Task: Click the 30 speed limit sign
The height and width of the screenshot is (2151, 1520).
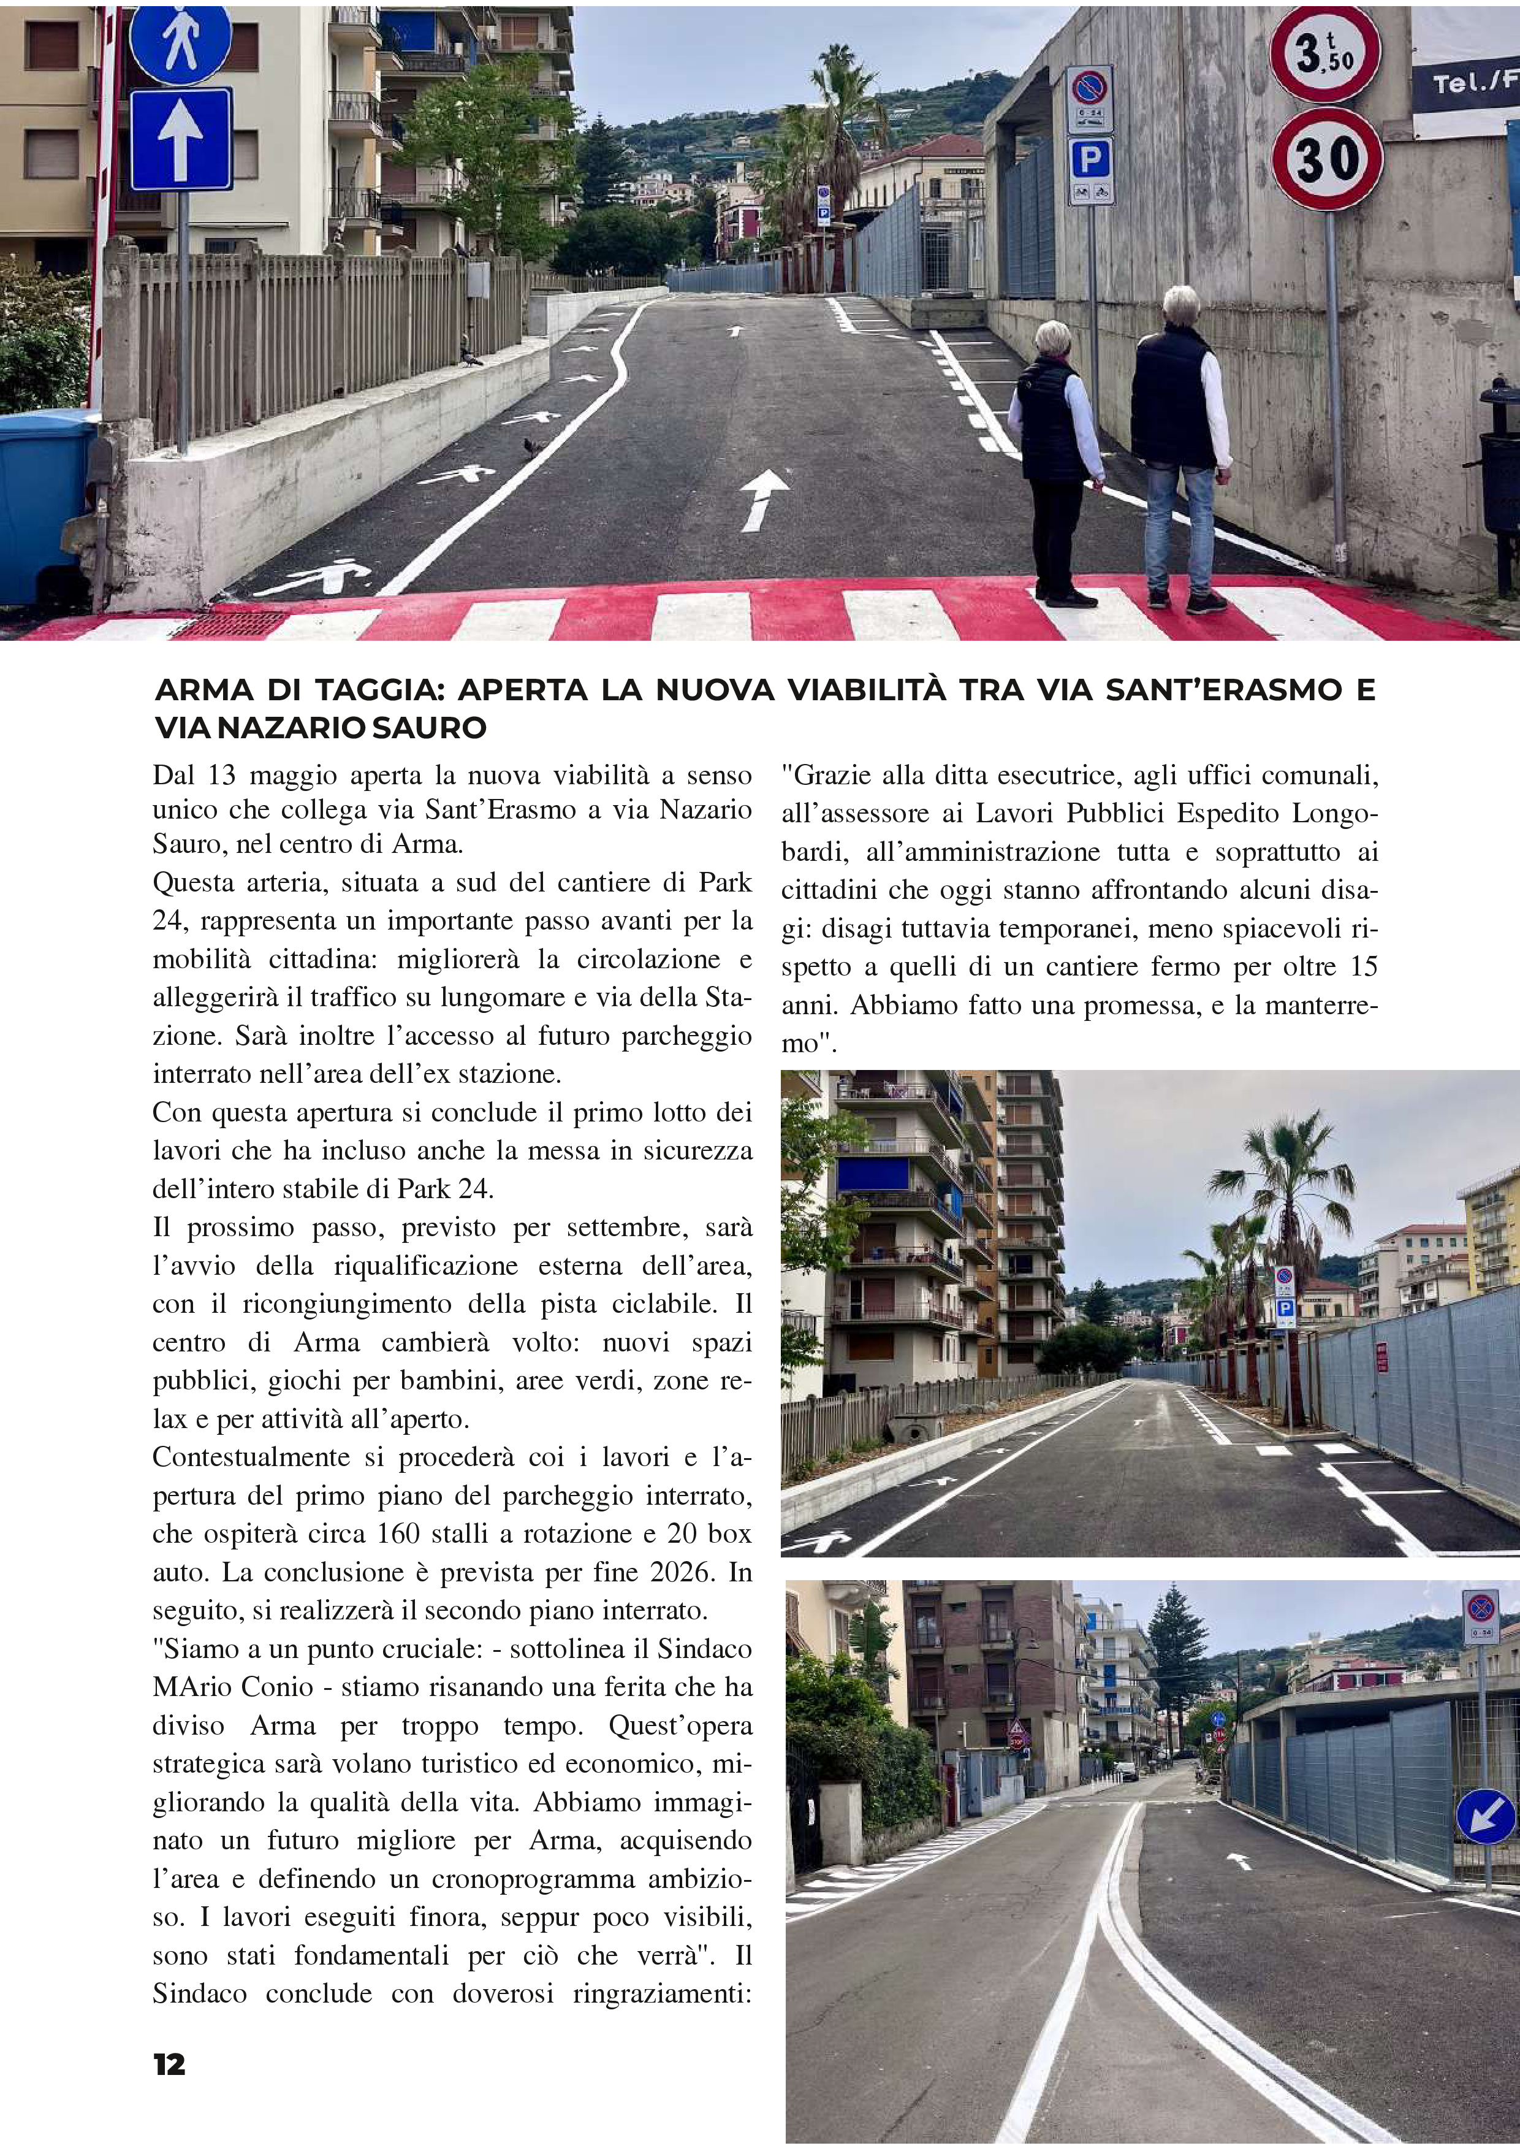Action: [x=1326, y=158]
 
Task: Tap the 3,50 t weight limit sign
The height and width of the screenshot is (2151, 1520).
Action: [x=1324, y=53]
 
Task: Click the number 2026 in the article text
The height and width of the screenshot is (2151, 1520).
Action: [x=670, y=1572]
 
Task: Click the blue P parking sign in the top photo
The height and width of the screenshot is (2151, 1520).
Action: [x=1090, y=159]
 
